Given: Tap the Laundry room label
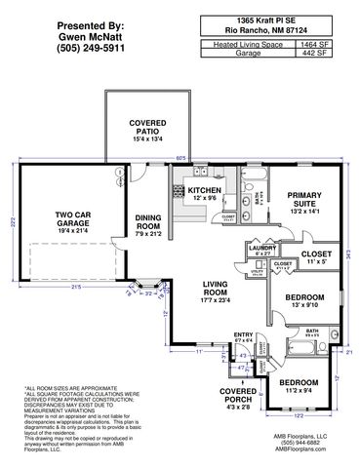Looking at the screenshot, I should pos(262,249).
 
